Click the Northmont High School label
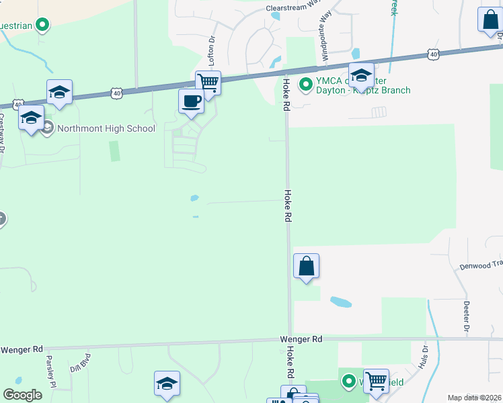click(106, 129)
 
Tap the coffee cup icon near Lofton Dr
click(191, 101)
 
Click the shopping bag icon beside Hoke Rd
click(306, 265)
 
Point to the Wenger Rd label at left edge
click(22, 350)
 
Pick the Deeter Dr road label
click(465, 316)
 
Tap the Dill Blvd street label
click(79, 363)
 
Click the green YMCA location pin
click(305, 85)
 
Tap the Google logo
click(22, 395)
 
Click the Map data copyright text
click(474, 398)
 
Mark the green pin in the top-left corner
click(43, 26)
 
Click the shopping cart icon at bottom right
click(376, 382)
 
